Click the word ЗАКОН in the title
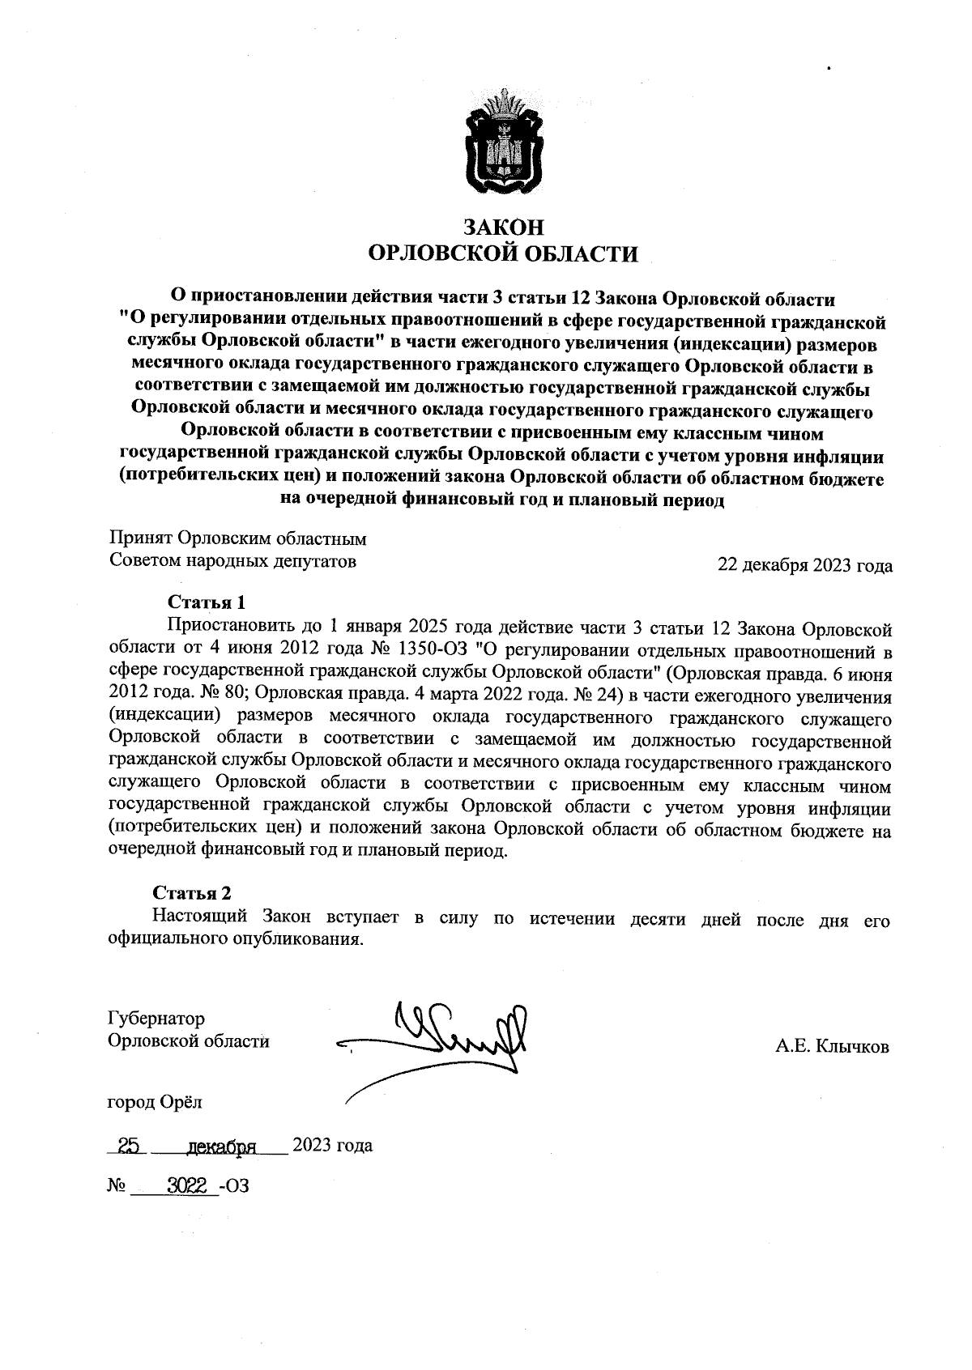click(502, 228)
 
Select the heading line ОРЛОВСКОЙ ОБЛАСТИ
click(502, 254)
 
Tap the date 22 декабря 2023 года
click(805, 566)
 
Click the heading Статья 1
click(206, 602)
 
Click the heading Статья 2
click(192, 893)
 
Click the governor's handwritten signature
click(454, 1040)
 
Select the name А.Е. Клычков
click(832, 1047)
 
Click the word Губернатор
click(156, 1019)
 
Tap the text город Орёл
click(156, 1102)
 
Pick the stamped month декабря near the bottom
click(221, 1147)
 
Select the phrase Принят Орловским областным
click(238, 538)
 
